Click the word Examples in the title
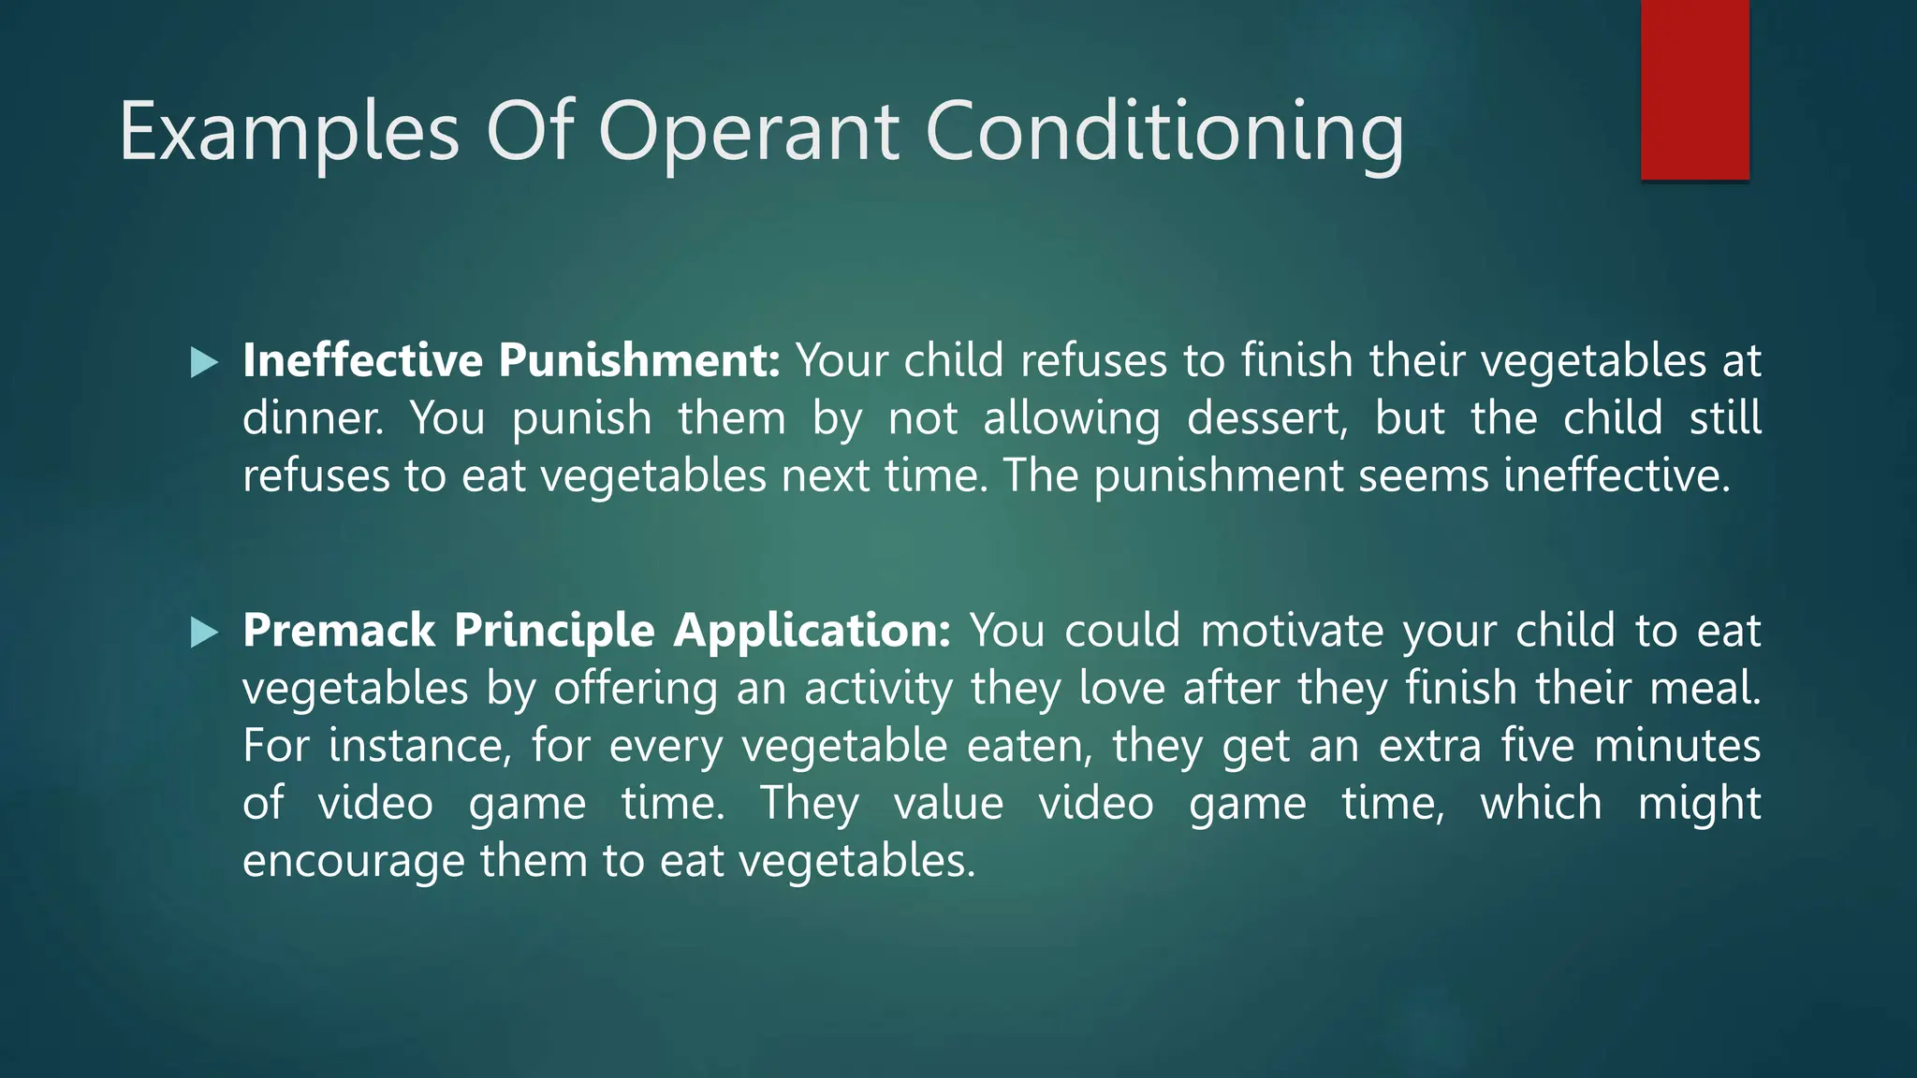tap(289, 132)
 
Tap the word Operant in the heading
tap(749, 132)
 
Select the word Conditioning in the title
tap(1164, 132)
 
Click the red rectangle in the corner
tap(1694, 90)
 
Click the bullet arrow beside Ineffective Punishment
tap(204, 362)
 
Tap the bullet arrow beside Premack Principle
tap(204, 633)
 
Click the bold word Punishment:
tap(638, 360)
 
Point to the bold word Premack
tap(339, 630)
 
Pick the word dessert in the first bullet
tap(1266, 418)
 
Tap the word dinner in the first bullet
tap(313, 418)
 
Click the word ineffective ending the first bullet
tap(1616, 475)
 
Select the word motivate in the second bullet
tap(1292, 630)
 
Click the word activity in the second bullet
tap(878, 688)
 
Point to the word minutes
tap(1677, 746)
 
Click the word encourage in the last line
tap(353, 861)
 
